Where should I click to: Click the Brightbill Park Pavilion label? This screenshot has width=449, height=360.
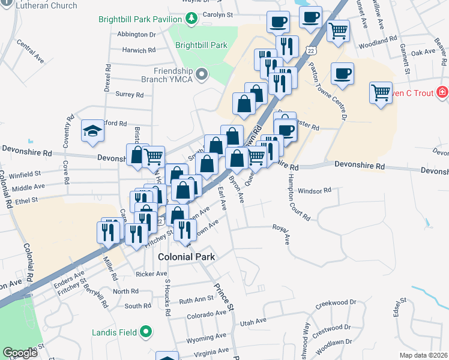140,19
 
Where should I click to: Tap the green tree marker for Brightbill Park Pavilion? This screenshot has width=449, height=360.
191,19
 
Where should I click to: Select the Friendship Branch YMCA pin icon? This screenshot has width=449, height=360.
202,74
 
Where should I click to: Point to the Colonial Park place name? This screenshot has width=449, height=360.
186,257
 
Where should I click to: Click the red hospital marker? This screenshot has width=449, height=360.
442,92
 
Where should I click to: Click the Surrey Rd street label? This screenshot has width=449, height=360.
130,95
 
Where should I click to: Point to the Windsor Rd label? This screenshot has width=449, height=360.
315,191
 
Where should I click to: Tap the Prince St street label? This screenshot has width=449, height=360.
223,297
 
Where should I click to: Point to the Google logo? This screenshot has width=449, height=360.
20,353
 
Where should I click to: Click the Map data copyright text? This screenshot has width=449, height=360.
423,355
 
